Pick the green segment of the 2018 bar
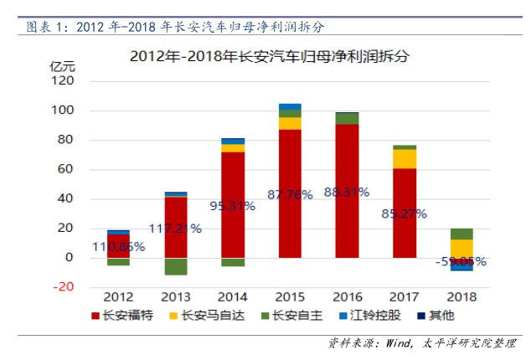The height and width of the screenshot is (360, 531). (461, 234)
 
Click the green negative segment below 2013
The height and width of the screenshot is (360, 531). (176, 266)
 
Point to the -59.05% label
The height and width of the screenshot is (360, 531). (461, 261)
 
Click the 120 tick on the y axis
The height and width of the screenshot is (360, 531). (64, 81)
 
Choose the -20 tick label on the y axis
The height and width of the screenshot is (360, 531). (64, 287)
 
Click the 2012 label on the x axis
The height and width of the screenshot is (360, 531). (119, 296)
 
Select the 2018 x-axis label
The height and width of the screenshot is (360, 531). (461, 296)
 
